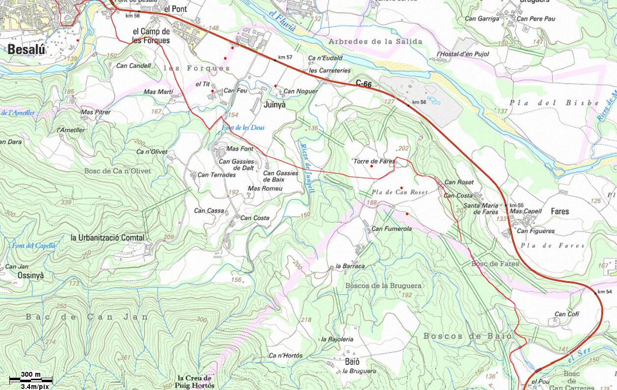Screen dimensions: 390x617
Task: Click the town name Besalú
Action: pos(26,49)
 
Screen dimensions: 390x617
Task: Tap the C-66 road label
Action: pos(364,84)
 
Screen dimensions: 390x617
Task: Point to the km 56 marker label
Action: pos(419,102)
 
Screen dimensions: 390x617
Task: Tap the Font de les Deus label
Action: pos(243,128)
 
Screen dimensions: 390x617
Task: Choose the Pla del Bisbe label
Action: pos(554,103)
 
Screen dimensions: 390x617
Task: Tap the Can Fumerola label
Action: pos(391,229)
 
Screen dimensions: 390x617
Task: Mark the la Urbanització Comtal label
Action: pos(107,237)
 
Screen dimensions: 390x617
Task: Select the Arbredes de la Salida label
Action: pos(375,42)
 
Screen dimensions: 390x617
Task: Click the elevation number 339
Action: pos(66,202)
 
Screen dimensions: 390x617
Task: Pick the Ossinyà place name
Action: pos(30,276)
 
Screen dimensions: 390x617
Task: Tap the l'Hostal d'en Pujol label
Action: pos(462,54)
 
